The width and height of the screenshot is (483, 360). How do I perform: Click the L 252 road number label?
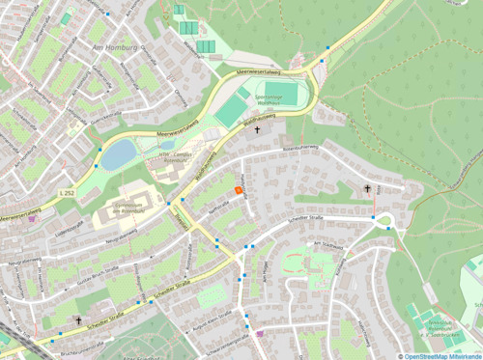(66, 194)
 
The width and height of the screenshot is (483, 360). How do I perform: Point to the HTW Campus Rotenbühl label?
(170, 155)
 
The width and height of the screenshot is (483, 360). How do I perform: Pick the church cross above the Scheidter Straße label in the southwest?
(78, 319)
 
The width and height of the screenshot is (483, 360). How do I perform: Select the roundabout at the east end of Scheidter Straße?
(384, 220)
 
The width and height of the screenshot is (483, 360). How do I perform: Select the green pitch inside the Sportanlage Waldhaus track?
(282, 95)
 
